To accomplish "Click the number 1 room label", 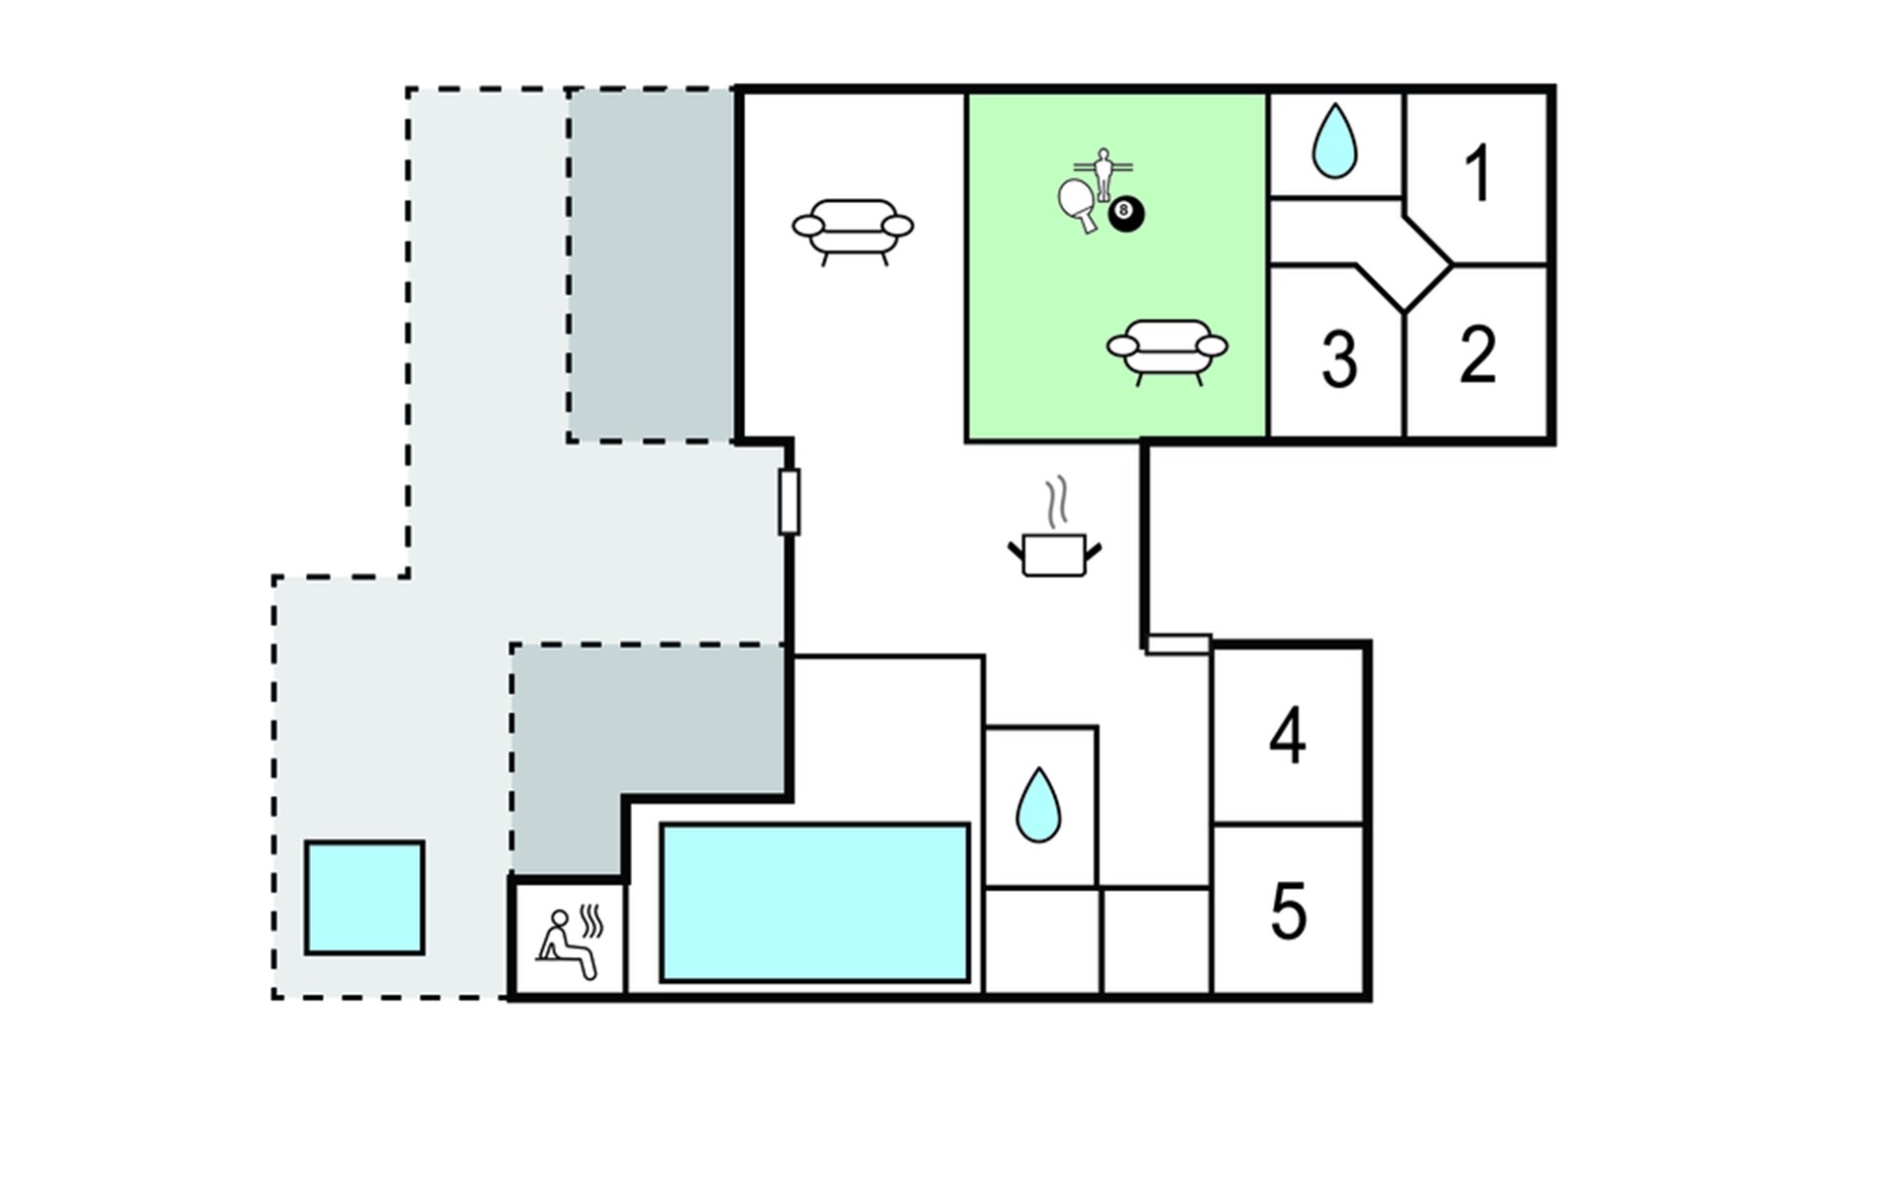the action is coord(1478,173).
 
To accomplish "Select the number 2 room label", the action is coord(1477,353).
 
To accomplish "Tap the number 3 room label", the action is coord(1339,358).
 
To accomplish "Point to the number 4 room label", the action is coord(1288,736).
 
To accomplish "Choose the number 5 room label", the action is coord(1289,911).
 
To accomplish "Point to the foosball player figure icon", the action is coord(1104,172).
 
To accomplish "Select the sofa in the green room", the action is coord(1167,350).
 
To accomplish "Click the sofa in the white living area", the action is coord(853,231).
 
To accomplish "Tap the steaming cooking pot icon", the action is coord(1055,553).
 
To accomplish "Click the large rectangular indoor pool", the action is coord(814,903).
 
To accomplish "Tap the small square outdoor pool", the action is coord(365,898).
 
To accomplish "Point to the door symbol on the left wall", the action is coord(790,502).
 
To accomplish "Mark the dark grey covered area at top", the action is coord(651,265).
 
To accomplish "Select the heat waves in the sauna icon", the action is coord(591,922).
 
